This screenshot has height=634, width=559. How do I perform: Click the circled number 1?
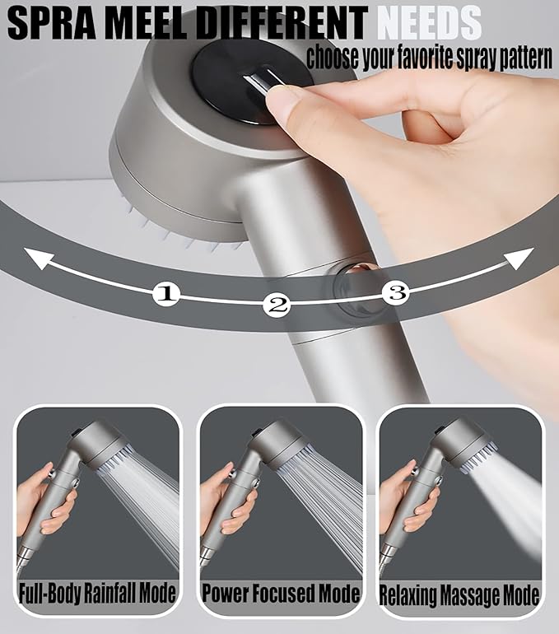[167, 293]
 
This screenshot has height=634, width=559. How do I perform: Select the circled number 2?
[277, 305]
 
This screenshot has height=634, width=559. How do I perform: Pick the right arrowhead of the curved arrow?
[520, 259]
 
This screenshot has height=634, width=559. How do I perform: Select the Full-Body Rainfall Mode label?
[98, 593]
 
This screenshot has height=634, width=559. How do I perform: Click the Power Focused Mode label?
[281, 593]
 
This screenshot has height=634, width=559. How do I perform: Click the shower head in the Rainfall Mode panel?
[107, 445]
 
